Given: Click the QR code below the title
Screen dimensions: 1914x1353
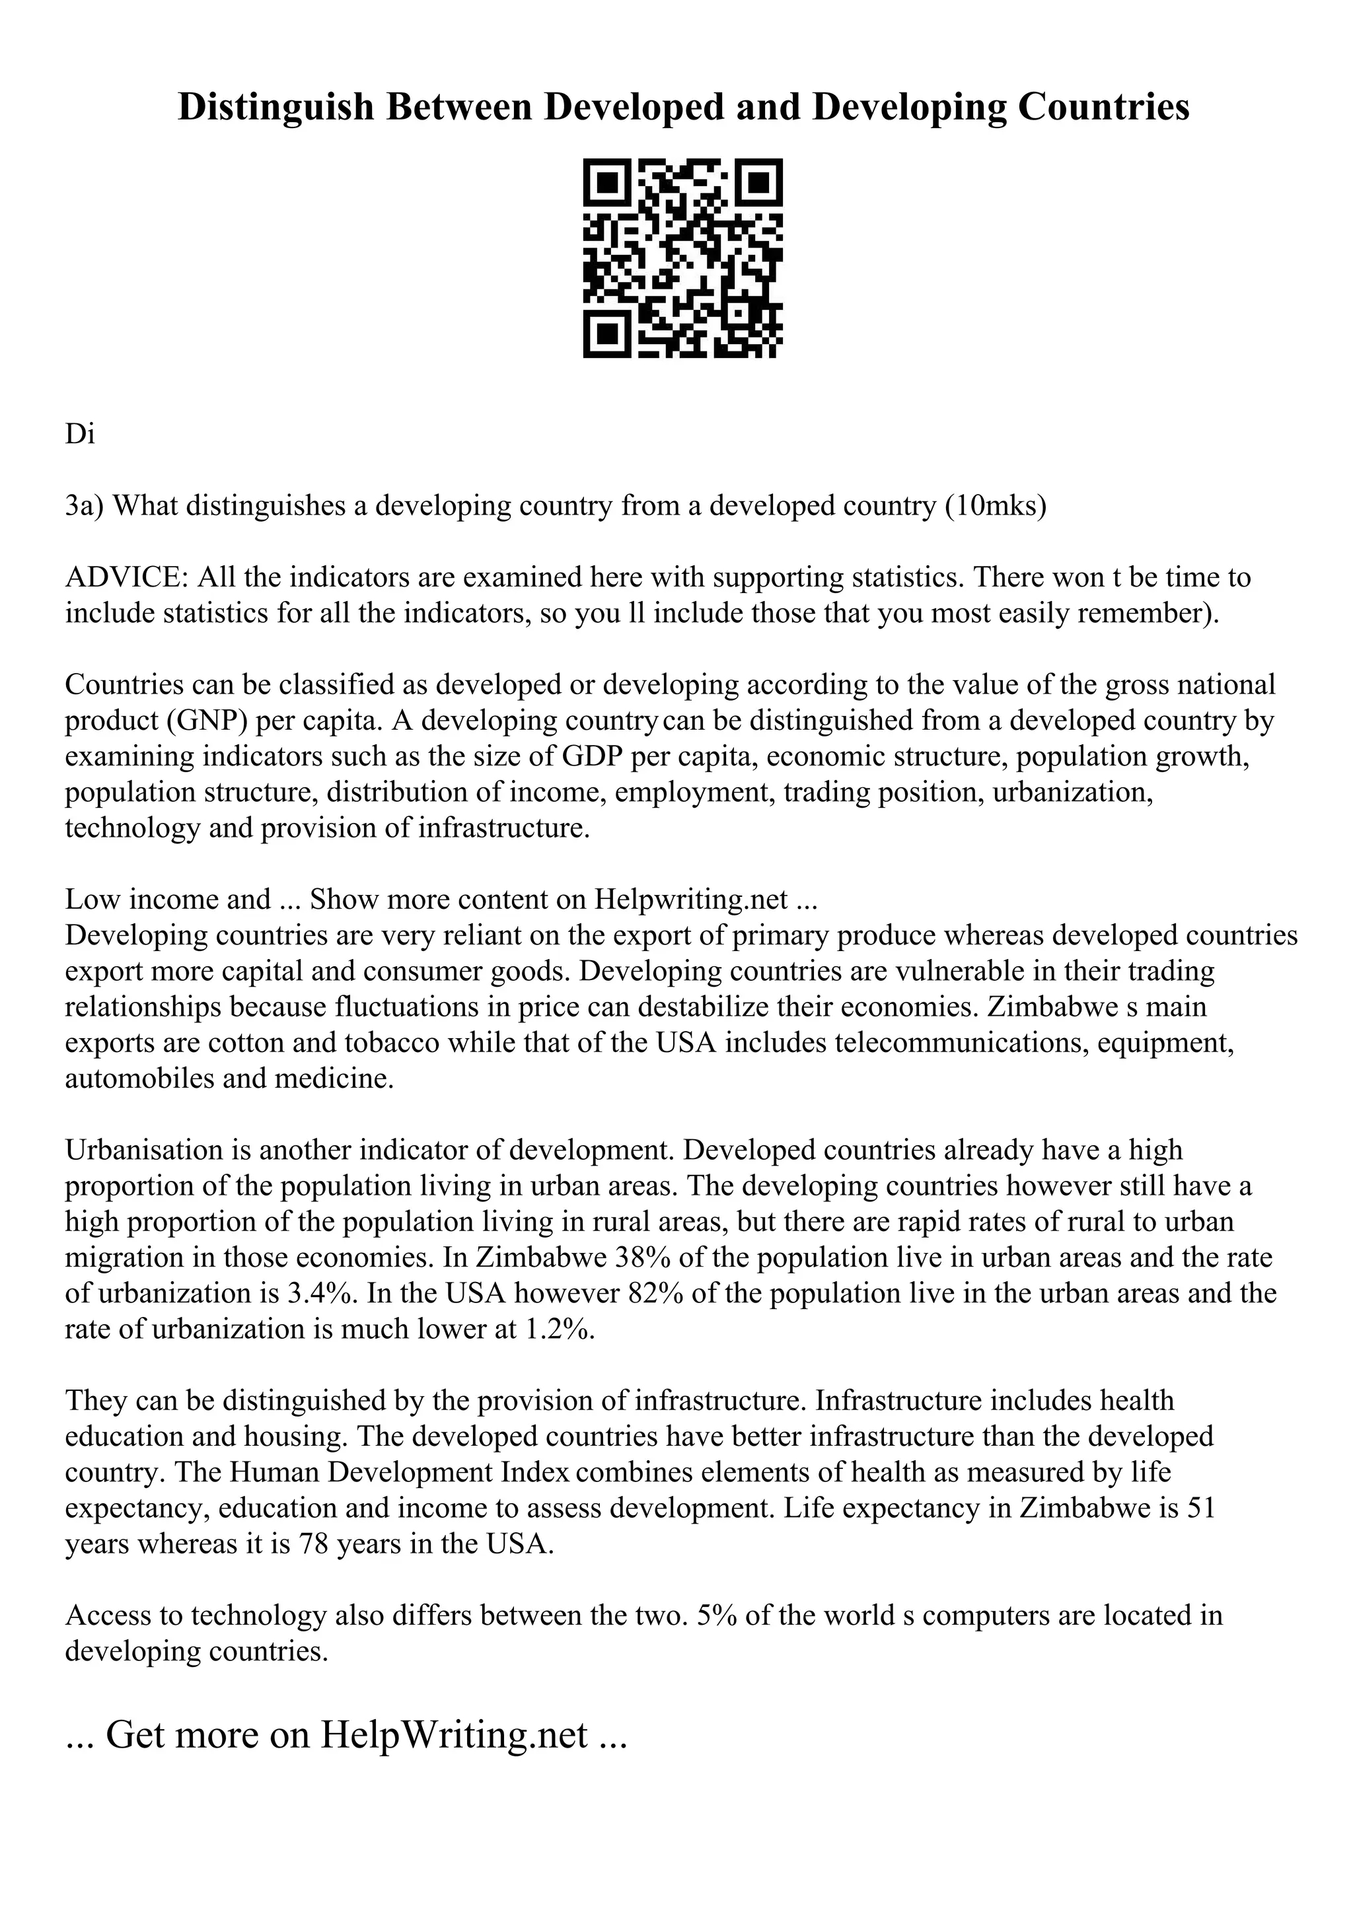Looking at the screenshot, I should tap(682, 258).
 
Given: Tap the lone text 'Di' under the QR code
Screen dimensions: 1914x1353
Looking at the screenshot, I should tap(80, 435).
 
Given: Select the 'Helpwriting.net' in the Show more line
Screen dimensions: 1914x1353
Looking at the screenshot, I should tap(690, 900).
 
